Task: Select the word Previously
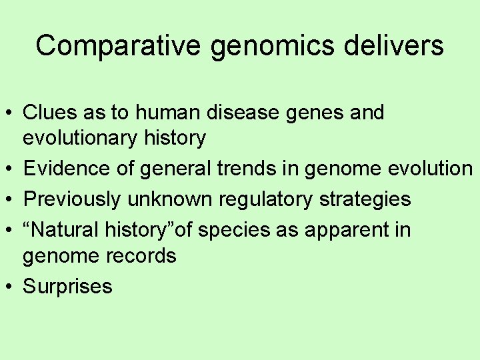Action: pos(73,199)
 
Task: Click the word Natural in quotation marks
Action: pos(66,230)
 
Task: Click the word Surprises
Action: pos(67,287)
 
